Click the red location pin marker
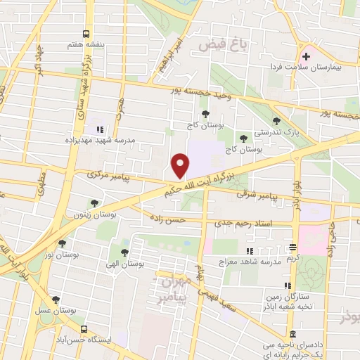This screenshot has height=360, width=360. point(181,165)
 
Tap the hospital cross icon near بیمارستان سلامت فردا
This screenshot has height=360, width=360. point(307,56)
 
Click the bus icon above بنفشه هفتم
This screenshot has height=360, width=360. point(86,34)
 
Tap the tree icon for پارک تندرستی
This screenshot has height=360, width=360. point(276,121)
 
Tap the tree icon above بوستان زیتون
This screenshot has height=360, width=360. point(94,203)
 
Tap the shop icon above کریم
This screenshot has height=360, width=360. point(292,247)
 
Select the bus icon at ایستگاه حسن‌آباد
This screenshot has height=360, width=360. point(84,329)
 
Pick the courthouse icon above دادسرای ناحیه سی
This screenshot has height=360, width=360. point(292,333)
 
